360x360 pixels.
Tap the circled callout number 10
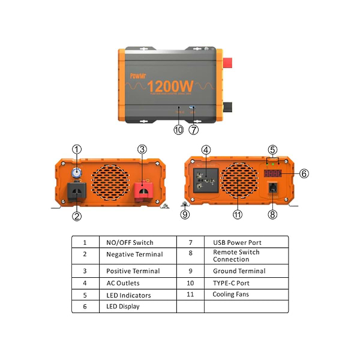tap(178, 129)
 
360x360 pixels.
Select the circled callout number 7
tap(193, 129)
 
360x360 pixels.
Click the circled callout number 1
tap(77, 149)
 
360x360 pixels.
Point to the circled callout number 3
tap(142, 149)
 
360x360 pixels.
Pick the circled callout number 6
tap(304, 173)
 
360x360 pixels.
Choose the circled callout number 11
tap(238, 215)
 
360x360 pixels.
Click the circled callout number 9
tap(185, 214)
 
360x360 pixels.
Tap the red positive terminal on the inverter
tap(143, 190)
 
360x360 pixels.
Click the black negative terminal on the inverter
tap(77, 191)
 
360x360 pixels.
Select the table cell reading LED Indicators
tap(128, 295)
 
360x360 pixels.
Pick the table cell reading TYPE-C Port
tap(231, 283)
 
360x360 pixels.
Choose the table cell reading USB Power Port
tap(237, 242)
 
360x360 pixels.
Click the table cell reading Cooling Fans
tap(230, 295)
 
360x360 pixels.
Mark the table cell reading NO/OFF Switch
tap(130, 242)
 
